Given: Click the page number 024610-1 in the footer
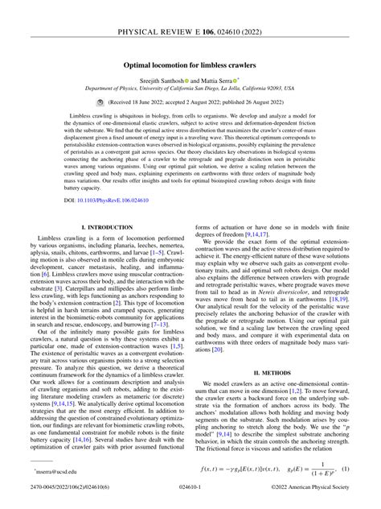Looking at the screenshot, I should point(190,499).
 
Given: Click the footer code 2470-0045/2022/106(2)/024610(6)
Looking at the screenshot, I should point(59,499).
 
